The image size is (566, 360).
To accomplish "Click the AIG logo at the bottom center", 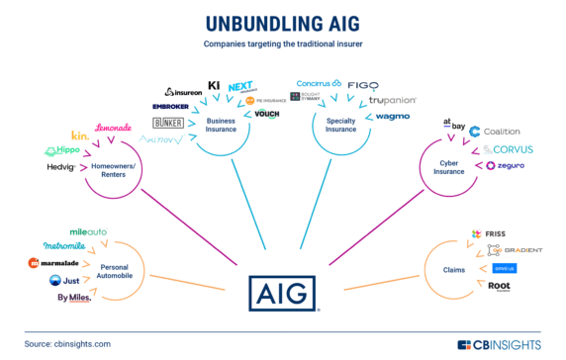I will pyautogui.click(x=282, y=293).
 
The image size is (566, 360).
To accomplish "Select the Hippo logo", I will pyautogui.click(x=62, y=150).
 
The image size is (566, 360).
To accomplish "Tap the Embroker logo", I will pyautogui.click(x=177, y=106).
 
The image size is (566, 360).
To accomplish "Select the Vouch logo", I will pyautogui.click(x=267, y=115).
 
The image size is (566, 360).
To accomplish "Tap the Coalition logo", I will pyautogui.click(x=501, y=132).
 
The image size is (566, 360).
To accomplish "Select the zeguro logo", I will pyautogui.click(x=499, y=165).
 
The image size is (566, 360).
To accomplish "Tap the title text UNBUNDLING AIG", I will pyautogui.click(x=282, y=23).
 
